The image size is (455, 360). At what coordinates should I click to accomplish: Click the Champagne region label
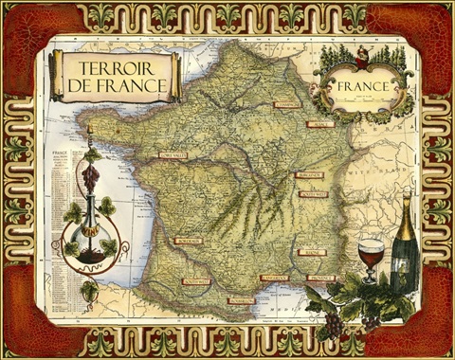pos(286,104)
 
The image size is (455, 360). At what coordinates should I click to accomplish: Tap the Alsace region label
pos(320,124)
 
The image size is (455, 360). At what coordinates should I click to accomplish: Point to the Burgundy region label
pos(309,175)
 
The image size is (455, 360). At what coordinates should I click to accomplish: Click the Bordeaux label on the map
pos(188,242)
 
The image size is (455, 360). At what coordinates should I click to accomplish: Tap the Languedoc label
pos(274,279)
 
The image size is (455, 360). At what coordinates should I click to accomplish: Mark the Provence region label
pos(320,279)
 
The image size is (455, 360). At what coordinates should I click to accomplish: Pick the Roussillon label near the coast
pos(242,300)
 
